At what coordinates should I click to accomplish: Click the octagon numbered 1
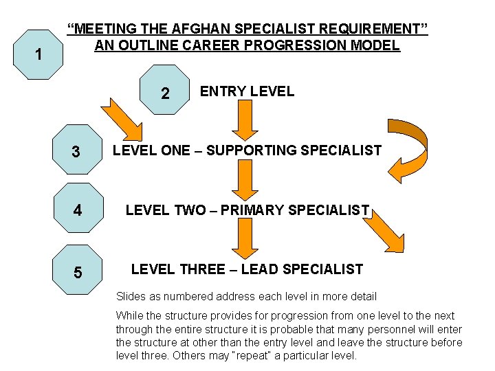click(x=39, y=54)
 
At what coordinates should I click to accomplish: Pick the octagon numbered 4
click(x=77, y=210)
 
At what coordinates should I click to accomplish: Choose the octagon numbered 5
click(x=77, y=271)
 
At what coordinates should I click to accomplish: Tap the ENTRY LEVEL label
click(x=247, y=91)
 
